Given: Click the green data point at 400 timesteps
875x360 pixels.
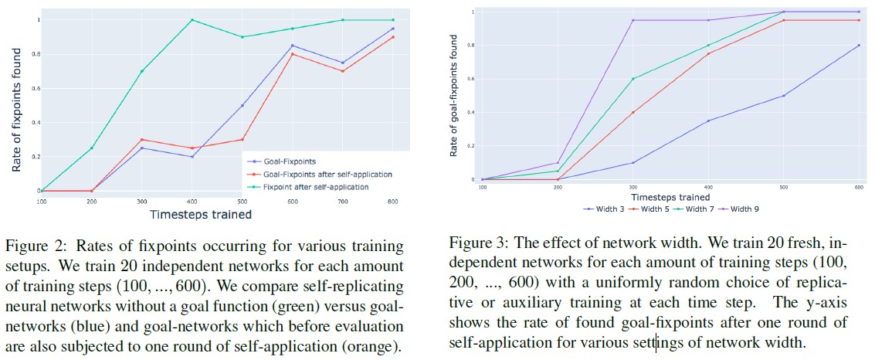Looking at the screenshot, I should point(192,20).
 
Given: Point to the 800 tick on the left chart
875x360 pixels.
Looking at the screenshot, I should point(393,200).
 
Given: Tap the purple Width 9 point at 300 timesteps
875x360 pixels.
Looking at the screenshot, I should point(633,20).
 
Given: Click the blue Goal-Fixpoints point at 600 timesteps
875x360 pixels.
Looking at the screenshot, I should point(292,46).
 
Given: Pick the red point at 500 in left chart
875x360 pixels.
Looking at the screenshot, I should point(242,140).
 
